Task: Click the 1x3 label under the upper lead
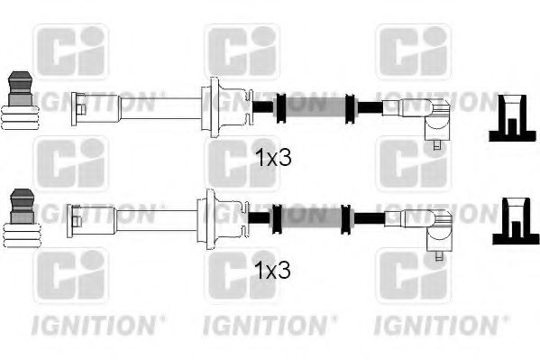click(274, 159)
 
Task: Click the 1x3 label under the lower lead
click(274, 270)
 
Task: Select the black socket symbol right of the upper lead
click(511, 120)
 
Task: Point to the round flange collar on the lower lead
click(211, 217)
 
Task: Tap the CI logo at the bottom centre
click(241, 276)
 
